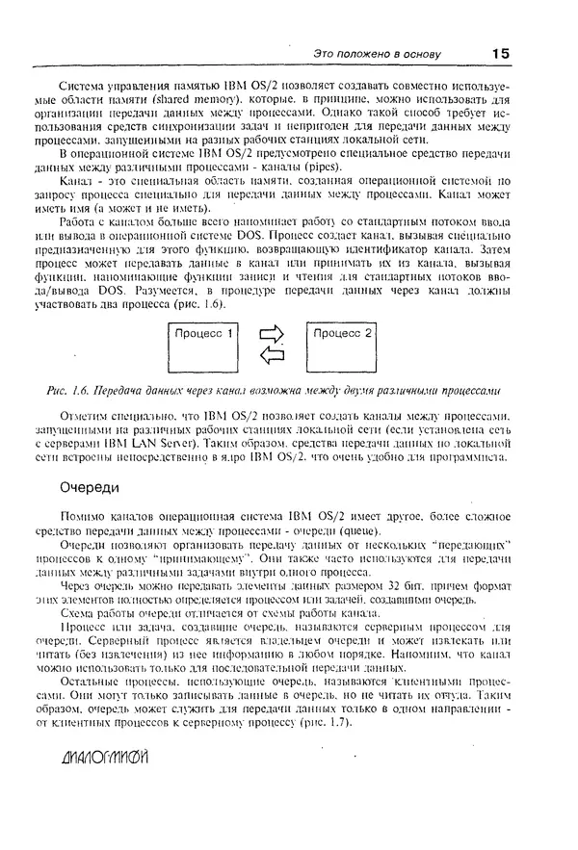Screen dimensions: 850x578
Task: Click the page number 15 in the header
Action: [x=499, y=54]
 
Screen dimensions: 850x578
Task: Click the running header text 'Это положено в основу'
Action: [x=379, y=55]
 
